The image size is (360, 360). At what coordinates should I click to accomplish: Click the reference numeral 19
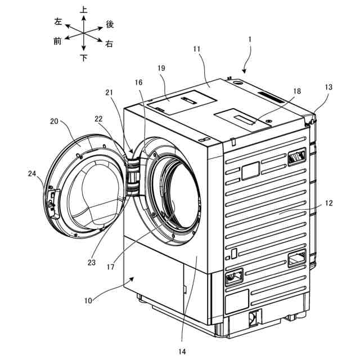[161, 68]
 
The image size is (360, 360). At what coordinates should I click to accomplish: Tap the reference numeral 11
[196, 50]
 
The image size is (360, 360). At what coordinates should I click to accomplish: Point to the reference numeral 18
[296, 90]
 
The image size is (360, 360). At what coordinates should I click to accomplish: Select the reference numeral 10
[88, 300]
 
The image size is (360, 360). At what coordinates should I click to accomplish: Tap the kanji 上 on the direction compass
[83, 9]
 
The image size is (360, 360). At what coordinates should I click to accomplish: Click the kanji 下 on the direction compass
[83, 57]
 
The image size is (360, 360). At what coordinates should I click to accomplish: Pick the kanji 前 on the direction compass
[57, 40]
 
